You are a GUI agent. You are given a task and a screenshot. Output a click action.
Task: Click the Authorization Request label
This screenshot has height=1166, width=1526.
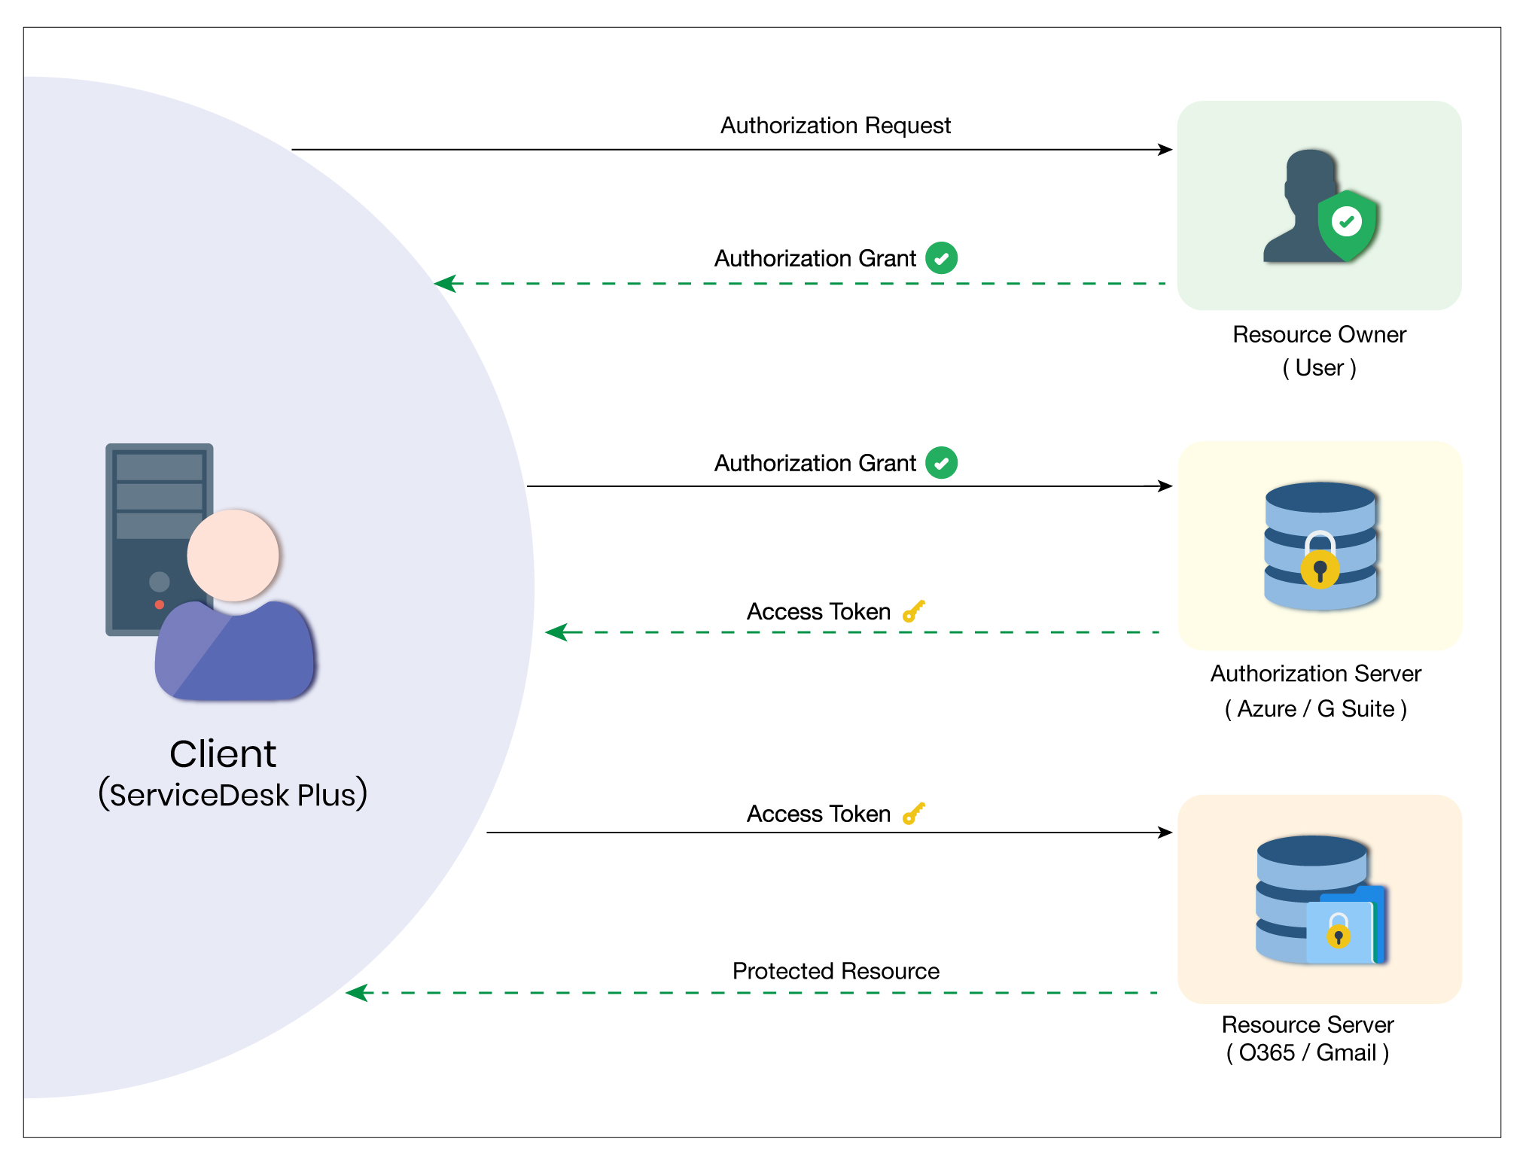tap(835, 125)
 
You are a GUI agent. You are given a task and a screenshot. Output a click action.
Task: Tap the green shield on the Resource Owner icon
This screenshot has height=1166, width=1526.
tap(1347, 224)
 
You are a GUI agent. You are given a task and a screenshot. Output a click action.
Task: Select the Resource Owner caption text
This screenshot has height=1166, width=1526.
tap(1319, 334)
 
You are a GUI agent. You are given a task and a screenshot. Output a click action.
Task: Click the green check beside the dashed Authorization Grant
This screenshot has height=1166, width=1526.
tap(941, 258)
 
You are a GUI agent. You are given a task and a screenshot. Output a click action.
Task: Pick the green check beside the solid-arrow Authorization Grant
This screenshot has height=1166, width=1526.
tap(941, 463)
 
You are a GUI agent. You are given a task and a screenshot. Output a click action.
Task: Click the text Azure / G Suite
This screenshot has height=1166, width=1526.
tap(1315, 708)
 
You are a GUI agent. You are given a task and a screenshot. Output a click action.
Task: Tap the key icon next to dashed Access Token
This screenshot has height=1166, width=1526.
tap(913, 611)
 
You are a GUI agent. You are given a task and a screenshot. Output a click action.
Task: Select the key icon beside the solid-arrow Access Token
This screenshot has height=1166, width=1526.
tap(913, 814)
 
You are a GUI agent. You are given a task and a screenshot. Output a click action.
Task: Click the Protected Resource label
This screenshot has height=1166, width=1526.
tap(835, 971)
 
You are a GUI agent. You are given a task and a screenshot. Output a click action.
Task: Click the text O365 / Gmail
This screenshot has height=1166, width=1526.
tap(1307, 1052)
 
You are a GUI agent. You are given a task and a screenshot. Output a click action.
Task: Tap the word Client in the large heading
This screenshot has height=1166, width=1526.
tap(223, 753)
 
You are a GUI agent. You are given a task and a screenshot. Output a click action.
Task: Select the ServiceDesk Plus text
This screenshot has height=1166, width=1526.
tap(233, 795)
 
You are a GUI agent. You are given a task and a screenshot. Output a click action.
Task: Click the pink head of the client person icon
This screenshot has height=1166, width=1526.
tap(233, 556)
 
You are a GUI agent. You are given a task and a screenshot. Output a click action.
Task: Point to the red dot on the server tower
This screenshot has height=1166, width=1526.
tap(160, 604)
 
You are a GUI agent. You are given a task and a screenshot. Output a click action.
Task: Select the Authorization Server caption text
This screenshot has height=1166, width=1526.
tap(1315, 674)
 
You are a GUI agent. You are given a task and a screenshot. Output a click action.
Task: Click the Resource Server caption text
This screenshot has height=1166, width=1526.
tap(1307, 1024)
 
